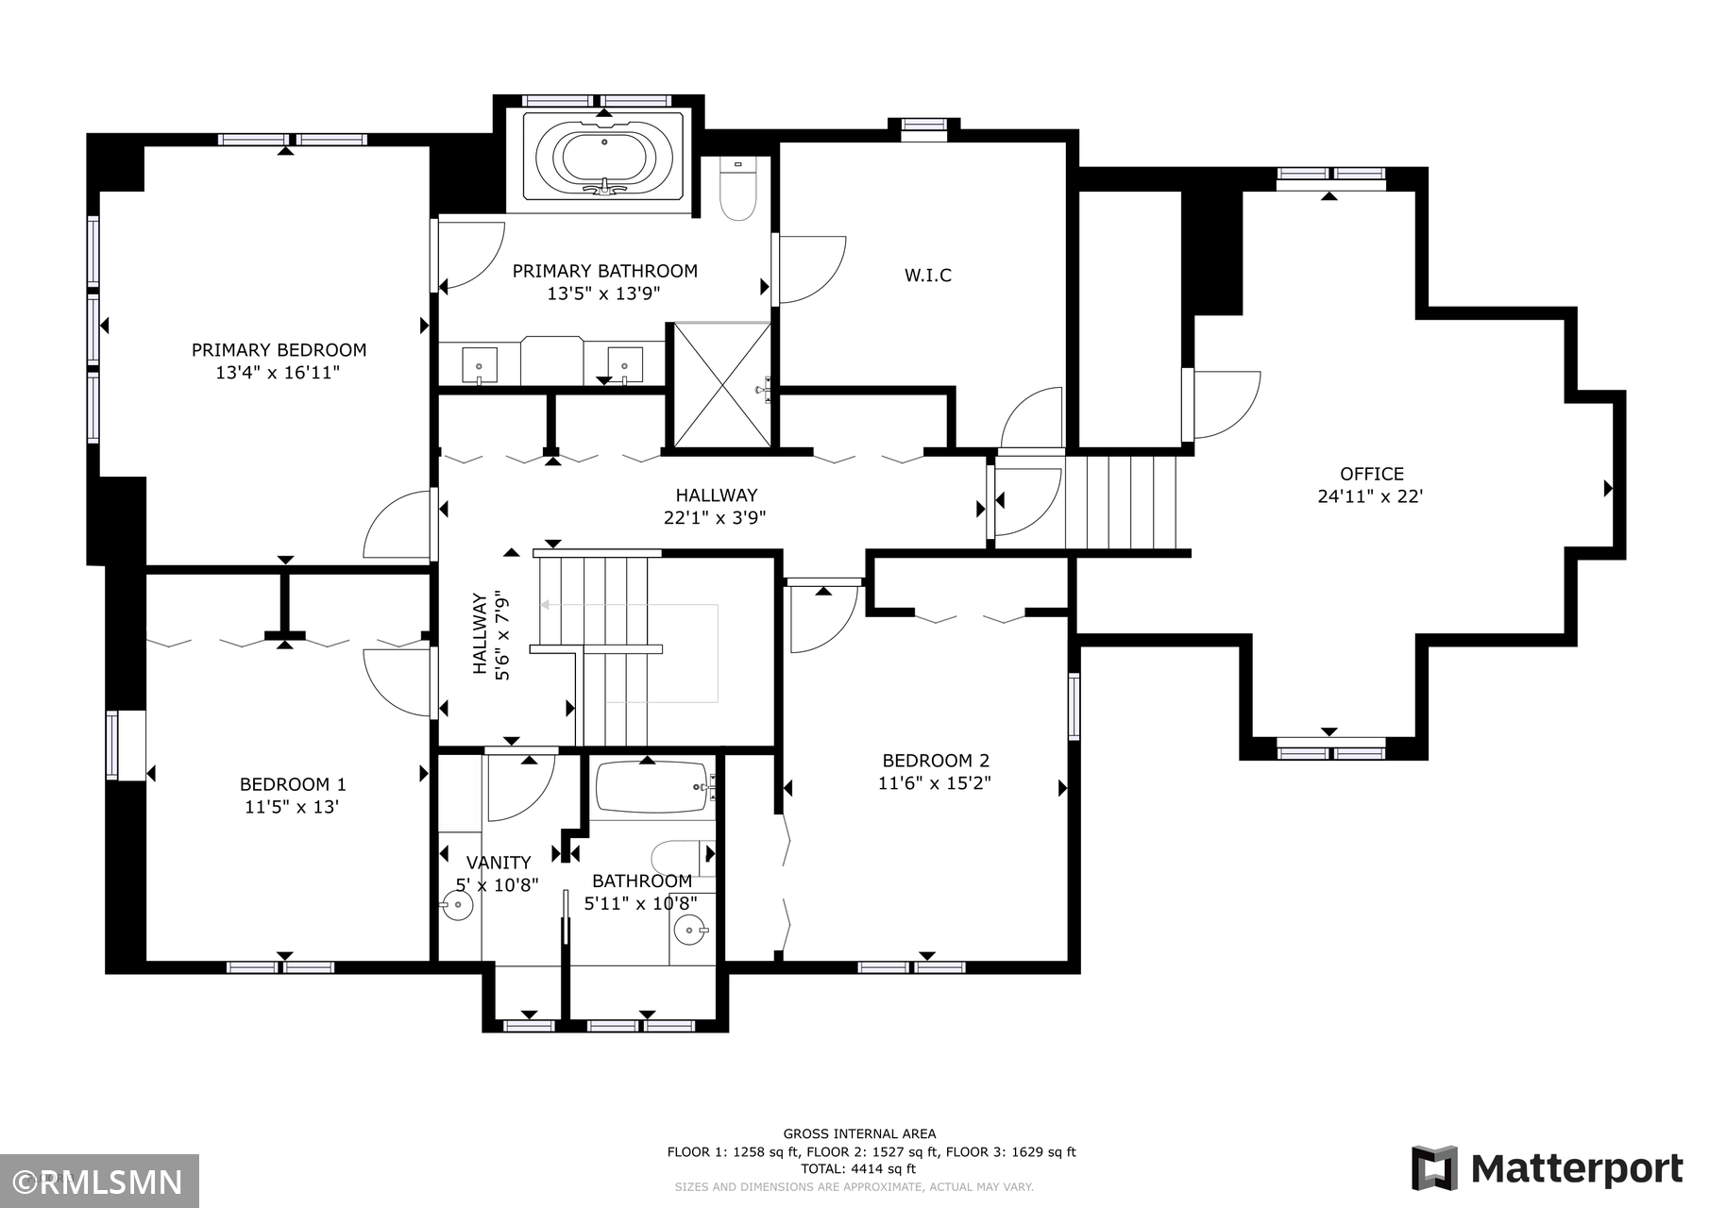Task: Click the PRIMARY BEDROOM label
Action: (279, 350)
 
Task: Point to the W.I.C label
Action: (928, 276)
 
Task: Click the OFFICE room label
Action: (1372, 474)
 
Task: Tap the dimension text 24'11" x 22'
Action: (1370, 496)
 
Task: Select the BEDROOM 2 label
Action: (936, 761)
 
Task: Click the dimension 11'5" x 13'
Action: (292, 807)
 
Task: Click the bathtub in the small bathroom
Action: (652, 787)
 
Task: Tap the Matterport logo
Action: (1547, 1168)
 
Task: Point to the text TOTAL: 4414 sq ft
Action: (858, 1169)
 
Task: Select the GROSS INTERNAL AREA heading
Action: (859, 1134)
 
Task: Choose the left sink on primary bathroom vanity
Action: (480, 363)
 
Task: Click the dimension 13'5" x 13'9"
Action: (603, 294)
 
